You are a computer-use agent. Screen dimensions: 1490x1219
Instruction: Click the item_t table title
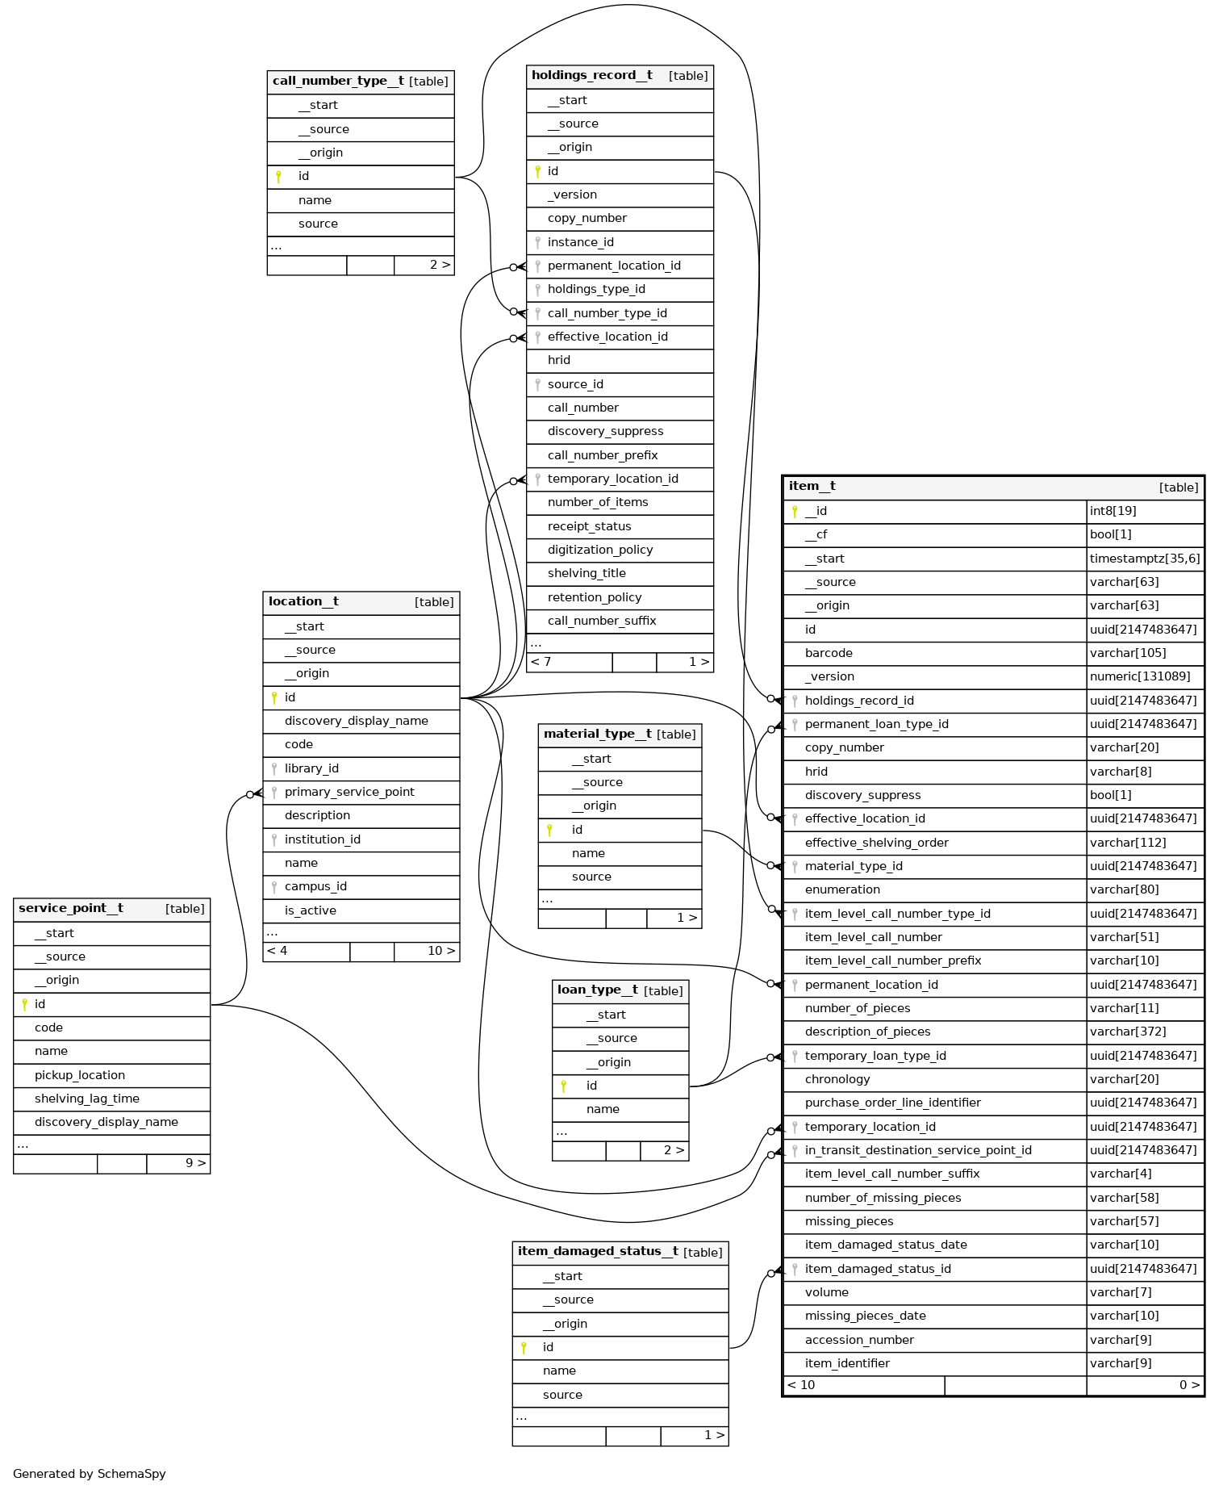[812, 486]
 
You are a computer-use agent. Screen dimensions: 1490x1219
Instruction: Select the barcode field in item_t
[829, 653]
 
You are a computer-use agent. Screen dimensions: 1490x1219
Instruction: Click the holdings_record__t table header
[592, 76]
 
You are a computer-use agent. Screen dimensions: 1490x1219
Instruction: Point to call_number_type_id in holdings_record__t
[607, 313]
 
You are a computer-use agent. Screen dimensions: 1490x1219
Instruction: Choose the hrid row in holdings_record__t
[559, 360]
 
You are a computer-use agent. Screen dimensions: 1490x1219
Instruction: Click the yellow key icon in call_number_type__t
[278, 177]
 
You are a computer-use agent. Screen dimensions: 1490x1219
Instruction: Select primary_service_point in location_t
[349, 792]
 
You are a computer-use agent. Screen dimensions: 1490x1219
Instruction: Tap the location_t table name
[303, 602]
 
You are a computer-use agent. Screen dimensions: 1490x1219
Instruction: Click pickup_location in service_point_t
[80, 1075]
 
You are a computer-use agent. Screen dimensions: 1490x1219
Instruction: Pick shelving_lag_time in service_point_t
[87, 1099]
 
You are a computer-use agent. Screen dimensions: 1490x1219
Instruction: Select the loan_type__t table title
[598, 990]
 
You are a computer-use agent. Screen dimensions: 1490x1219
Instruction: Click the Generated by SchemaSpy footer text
[90, 1474]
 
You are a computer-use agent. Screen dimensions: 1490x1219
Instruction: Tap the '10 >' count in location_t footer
[440, 951]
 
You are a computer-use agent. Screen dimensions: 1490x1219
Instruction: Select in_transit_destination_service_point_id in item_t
[918, 1150]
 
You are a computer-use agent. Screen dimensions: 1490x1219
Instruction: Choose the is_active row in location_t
[311, 910]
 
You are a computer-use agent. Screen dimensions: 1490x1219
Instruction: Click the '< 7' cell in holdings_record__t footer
[542, 662]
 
